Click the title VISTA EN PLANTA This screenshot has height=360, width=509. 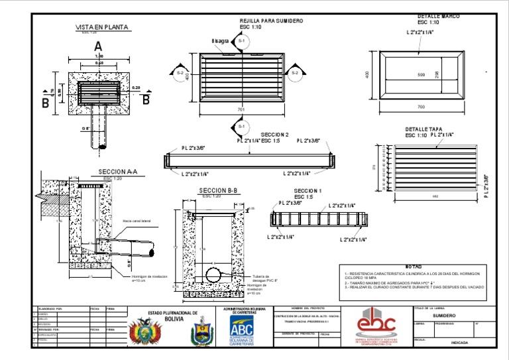coord(101,27)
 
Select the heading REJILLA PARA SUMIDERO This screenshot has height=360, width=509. coord(271,21)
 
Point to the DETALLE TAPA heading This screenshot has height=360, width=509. coord(424,129)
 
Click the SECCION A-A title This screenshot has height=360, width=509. coord(117,172)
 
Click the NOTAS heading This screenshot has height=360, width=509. coord(413,266)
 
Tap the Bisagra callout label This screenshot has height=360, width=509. coord(220,41)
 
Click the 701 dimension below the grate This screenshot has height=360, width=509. coord(241,109)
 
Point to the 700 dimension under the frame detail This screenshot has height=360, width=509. coord(421,106)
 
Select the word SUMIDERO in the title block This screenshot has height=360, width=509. coord(444,316)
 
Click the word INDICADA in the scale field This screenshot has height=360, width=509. coord(459,343)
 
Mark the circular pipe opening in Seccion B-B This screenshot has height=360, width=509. coord(213,274)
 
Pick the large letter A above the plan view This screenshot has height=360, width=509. coord(98,46)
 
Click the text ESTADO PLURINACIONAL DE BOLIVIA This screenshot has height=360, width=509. coord(172,315)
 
